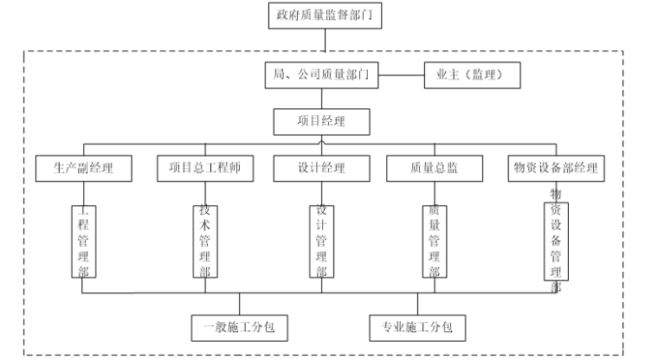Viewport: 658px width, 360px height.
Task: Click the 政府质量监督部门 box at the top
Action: pyautogui.click(x=324, y=16)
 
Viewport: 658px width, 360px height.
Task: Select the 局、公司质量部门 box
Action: pyautogui.click(x=321, y=76)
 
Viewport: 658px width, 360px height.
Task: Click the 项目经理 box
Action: pyautogui.click(x=321, y=121)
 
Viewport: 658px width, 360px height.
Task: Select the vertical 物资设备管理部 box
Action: pyautogui.click(x=556, y=241)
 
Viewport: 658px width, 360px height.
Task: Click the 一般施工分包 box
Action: pyautogui.click(x=239, y=327)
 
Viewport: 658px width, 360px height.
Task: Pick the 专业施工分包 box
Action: pyautogui.click(x=417, y=327)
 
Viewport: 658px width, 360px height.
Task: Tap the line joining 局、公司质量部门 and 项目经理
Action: pyautogui.click(x=322, y=99)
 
